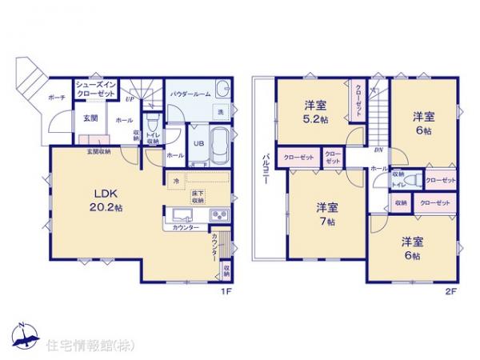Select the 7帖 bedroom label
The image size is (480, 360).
[326, 213]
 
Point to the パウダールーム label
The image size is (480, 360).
[190, 94]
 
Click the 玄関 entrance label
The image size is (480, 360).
[90, 119]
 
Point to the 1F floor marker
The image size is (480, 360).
[226, 291]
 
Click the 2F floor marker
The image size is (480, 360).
[451, 291]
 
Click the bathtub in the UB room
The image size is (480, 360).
[218, 142]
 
